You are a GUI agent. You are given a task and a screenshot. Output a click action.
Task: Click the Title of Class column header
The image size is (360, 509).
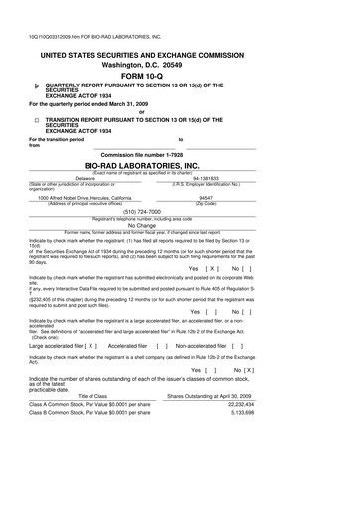coord(85,480)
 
